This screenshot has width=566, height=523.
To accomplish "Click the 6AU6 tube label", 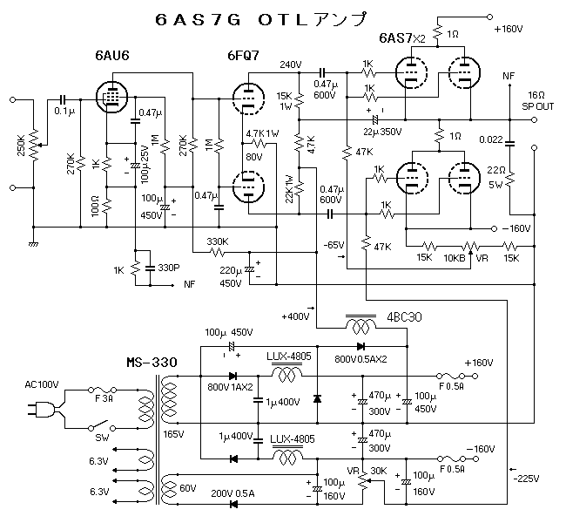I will coord(112,56).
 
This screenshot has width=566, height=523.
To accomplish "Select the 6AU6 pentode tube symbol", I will coord(110,97).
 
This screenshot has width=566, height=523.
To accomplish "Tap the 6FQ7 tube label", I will coord(242,56).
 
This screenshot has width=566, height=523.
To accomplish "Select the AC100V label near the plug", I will coord(41,384).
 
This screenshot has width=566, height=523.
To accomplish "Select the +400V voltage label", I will coord(296,316).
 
